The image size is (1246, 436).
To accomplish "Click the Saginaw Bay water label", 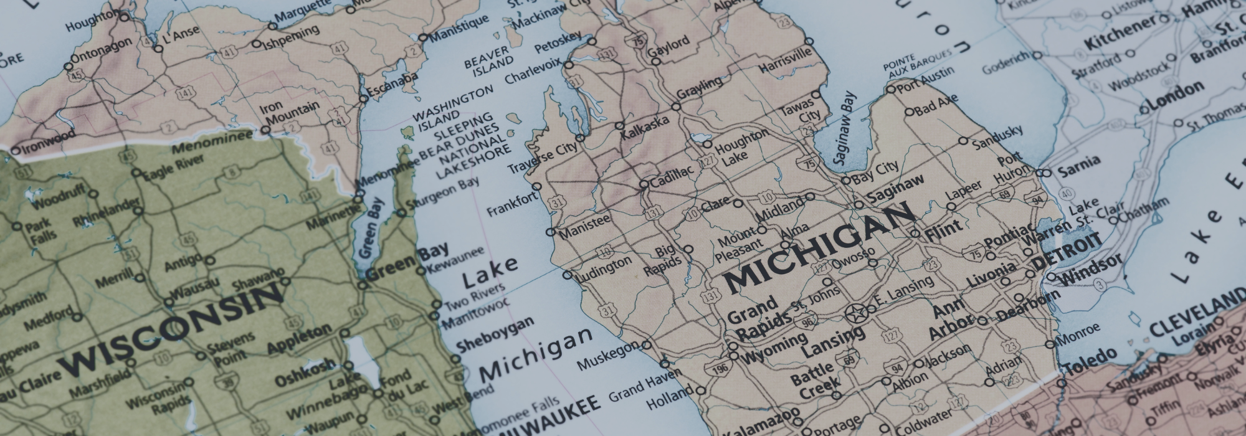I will [844, 128].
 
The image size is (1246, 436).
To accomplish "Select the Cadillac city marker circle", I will [644, 184].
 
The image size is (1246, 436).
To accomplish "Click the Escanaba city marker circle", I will [364, 98].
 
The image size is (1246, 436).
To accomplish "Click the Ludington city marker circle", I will [566, 275].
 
